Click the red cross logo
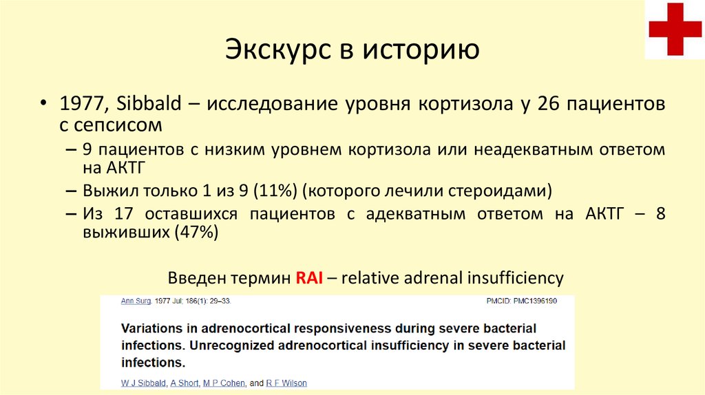tap(675, 29)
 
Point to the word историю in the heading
tap(421, 50)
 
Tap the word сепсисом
tap(117, 125)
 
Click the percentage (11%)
tap(275, 191)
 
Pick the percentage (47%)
tap(196, 232)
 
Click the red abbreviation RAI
tap(309, 278)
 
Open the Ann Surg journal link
tap(136, 301)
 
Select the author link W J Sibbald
tap(143, 383)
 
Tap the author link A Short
tap(185, 383)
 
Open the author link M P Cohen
tap(224, 383)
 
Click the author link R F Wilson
tap(286, 383)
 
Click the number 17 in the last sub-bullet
tap(124, 213)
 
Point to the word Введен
tap(197, 278)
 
